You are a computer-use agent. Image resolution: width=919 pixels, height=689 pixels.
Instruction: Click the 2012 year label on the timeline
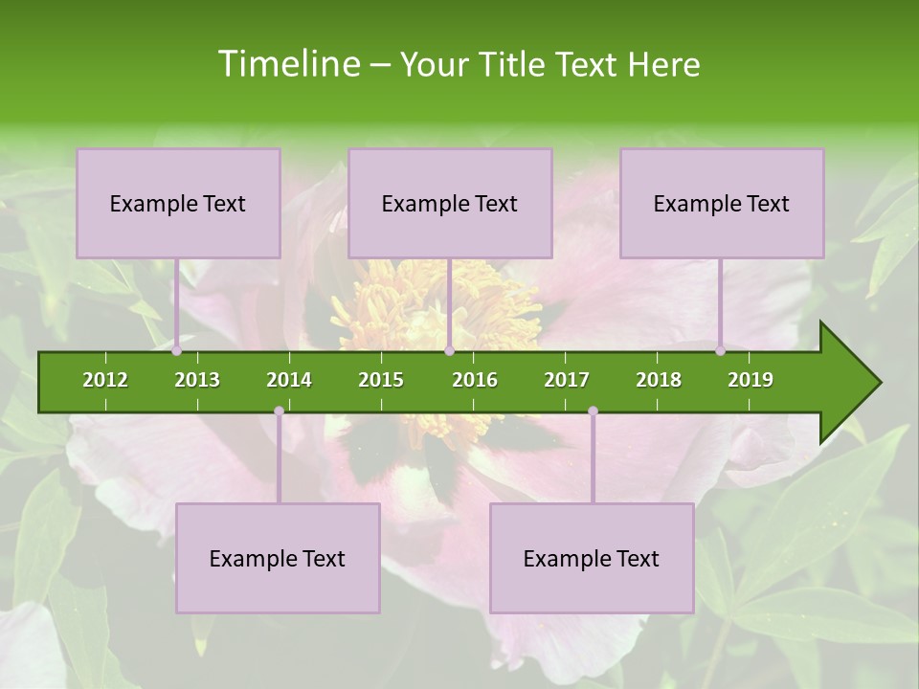point(105,380)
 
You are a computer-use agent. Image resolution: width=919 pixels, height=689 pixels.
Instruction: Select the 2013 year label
point(197,380)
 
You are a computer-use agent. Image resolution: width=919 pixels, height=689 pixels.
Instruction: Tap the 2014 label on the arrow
point(289,380)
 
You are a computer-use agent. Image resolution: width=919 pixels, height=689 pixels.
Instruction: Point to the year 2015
point(381,380)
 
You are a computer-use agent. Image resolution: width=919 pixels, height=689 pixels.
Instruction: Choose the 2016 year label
point(475,380)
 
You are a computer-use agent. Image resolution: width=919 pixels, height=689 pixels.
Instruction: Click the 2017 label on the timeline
point(567,380)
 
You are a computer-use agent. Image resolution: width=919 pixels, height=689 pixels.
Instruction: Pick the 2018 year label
point(659,380)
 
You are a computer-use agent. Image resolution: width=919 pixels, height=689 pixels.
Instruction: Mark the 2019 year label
point(751,380)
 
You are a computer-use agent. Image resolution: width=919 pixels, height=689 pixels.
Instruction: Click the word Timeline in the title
point(287,64)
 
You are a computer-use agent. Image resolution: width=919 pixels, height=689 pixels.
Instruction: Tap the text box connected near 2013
point(178,203)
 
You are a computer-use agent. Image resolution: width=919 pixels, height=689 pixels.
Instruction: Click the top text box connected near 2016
point(450,203)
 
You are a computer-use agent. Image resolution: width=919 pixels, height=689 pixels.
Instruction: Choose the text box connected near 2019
point(722,203)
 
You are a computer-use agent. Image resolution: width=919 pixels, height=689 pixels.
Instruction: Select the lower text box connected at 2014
point(278,558)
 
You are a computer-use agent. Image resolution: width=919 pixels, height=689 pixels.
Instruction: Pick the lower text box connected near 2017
point(592,558)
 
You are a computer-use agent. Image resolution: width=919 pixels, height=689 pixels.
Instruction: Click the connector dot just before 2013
point(177,351)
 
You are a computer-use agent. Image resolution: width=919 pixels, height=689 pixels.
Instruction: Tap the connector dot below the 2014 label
point(279,411)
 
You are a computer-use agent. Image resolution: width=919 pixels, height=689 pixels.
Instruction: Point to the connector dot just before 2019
point(721,351)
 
